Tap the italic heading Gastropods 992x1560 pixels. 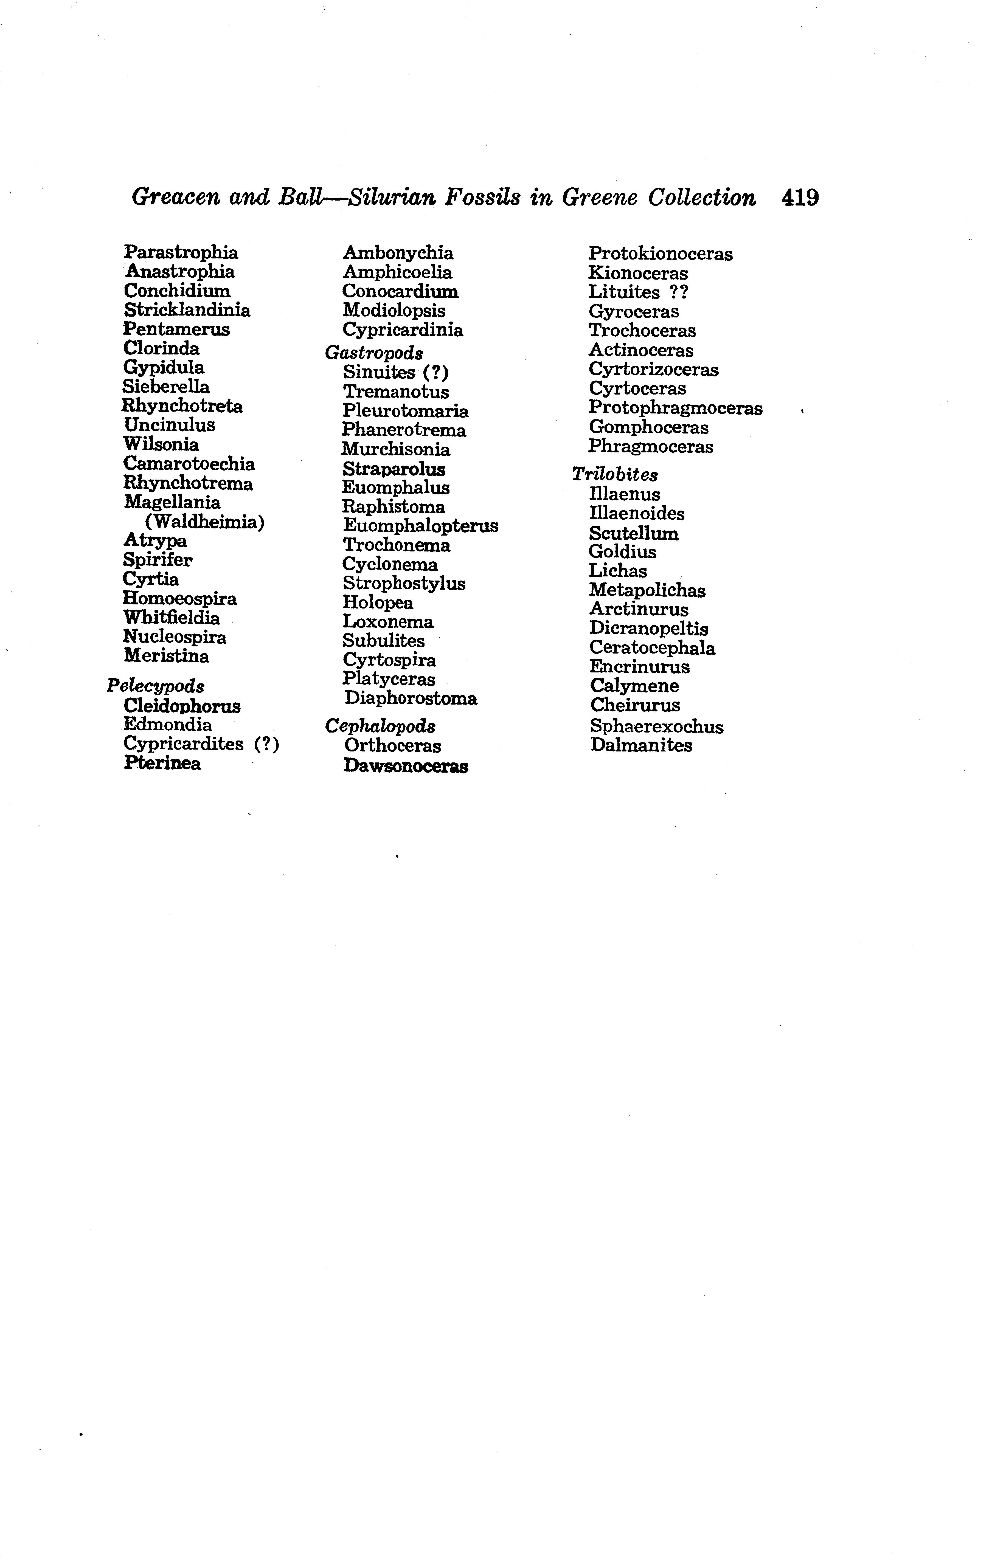click(374, 353)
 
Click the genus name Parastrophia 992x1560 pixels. click(181, 252)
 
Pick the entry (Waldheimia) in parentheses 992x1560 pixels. click(205, 522)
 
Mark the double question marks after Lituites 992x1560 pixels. click(678, 292)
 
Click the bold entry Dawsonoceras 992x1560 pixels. click(406, 766)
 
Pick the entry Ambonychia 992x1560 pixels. click(398, 253)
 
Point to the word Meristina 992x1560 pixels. click(167, 656)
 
